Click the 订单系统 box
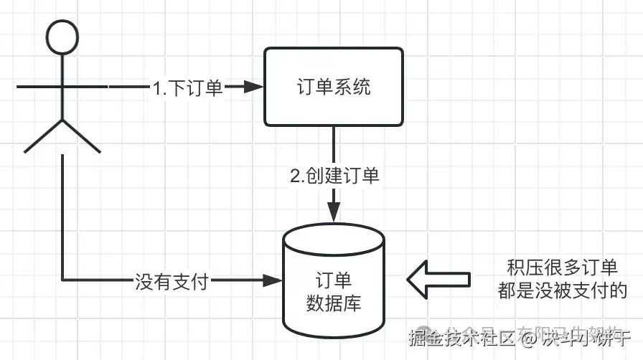[x=334, y=87]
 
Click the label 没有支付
[x=172, y=281]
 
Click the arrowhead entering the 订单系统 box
[x=253, y=87]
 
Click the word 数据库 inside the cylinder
[x=334, y=303]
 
